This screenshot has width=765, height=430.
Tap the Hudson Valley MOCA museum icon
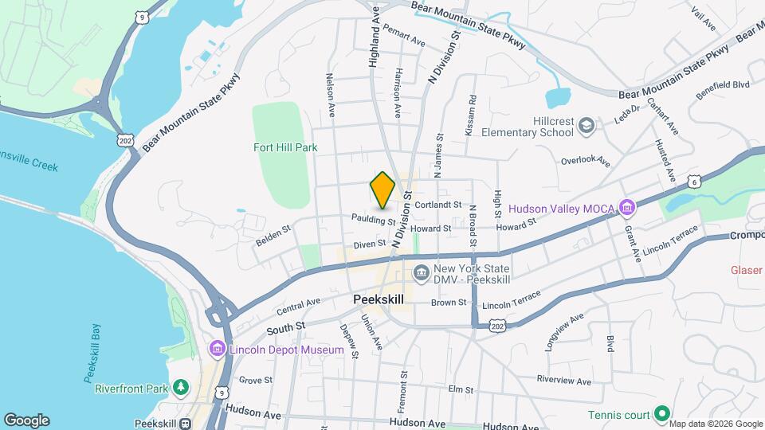(x=628, y=209)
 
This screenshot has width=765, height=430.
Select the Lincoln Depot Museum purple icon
(x=217, y=350)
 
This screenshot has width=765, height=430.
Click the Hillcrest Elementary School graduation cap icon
(x=586, y=125)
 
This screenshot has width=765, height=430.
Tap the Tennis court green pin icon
(x=661, y=414)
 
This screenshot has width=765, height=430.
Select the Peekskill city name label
(x=378, y=299)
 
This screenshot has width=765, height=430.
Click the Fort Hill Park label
(x=285, y=147)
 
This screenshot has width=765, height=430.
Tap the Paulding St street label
(x=375, y=219)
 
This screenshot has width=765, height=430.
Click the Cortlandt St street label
(x=438, y=205)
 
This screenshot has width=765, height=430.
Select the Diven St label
(x=370, y=243)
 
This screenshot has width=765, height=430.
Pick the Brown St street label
(x=449, y=303)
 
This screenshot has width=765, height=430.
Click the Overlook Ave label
(x=585, y=161)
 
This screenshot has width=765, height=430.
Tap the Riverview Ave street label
(x=565, y=379)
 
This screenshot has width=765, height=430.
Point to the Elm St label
(x=461, y=389)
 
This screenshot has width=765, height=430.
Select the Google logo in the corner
(x=26, y=420)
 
